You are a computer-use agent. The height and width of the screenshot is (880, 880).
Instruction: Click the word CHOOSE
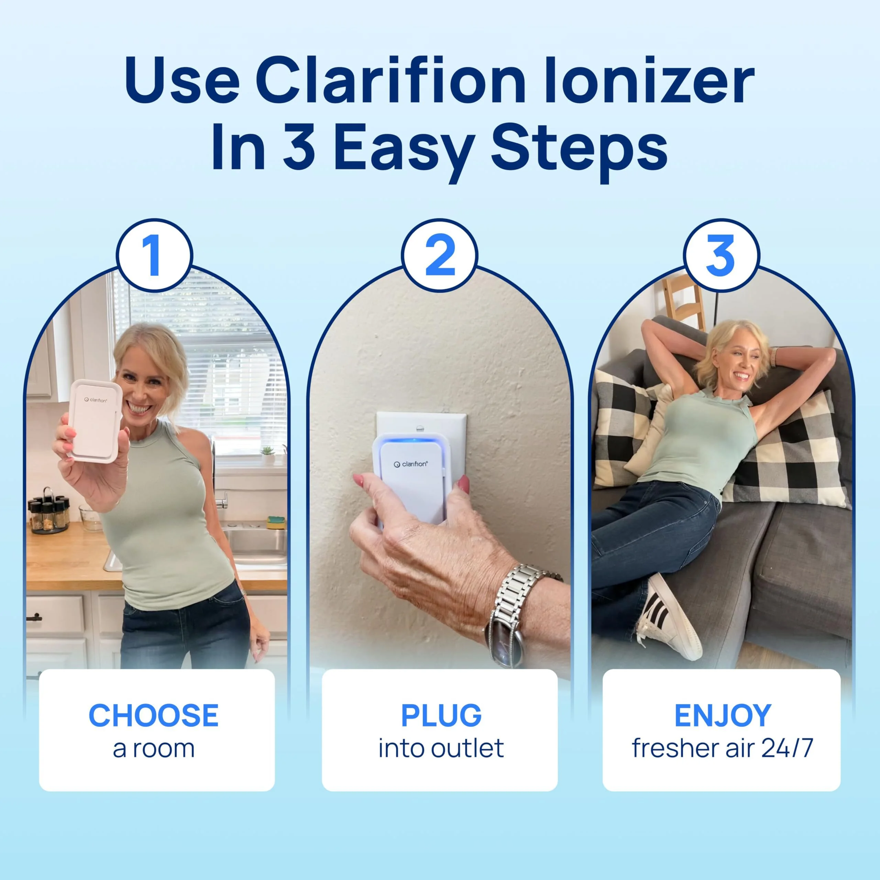point(154,716)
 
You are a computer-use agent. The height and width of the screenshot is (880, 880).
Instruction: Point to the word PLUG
point(441,716)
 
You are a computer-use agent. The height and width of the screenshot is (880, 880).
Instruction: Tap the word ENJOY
point(723,716)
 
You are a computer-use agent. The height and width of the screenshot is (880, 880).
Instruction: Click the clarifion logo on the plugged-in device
point(410,464)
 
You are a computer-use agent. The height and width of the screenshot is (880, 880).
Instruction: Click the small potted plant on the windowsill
point(267,454)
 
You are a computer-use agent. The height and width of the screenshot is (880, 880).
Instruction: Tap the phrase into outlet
point(441,749)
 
